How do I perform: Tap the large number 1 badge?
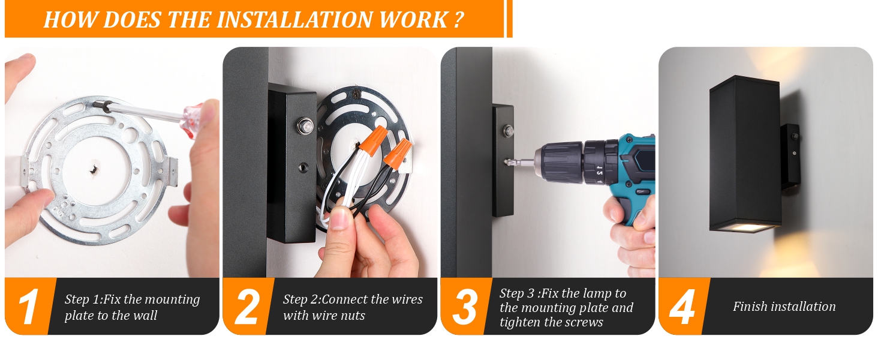28,306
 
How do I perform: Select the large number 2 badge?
247,306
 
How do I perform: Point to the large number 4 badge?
682,306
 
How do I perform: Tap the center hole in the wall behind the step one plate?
94,169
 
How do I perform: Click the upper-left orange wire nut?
373,140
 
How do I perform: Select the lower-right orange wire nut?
398,154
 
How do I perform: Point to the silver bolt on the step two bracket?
304,125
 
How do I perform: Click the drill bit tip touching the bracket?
507,161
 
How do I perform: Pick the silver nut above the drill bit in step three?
509,130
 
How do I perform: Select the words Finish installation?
784,306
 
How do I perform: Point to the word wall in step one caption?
146,315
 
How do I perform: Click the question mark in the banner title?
459,20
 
